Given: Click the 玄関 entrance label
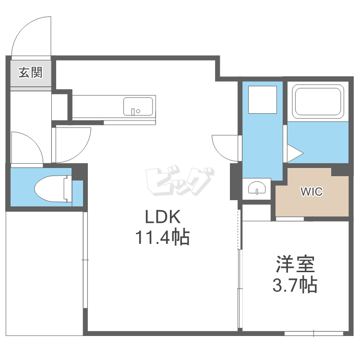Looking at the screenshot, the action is pyautogui.click(x=31, y=72).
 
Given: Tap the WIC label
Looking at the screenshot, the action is pyautogui.click(x=312, y=192).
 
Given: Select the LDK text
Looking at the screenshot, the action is pyautogui.click(x=163, y=217).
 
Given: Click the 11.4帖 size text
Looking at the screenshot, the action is pyautogui.click(x=163, y=237).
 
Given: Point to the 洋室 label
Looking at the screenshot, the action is pyautogui.click(x=295, y=264).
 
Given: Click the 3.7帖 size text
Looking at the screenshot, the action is pyautogui.click(x=295, y=285).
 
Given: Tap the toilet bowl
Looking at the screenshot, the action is pyautogui.click(x=50, y=189).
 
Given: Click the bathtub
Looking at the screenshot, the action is pyautogui.click(x=318, y=102).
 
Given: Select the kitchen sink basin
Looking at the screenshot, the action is pyautogui.click(x=138, y=106).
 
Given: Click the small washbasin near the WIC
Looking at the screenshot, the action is pyautogui.click(x=257, y=188).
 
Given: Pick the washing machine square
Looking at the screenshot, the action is pyautogui.click(x=263, y=100).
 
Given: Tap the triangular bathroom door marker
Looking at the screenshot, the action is pyautogui.click(x=295, y=153).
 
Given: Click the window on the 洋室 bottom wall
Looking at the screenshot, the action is pyautogui.click(x=314, y=333).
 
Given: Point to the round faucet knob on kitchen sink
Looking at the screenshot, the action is pyautogui.click(x=138, y=111).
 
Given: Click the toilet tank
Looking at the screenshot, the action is pyautogui.click(x=68, y=189).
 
